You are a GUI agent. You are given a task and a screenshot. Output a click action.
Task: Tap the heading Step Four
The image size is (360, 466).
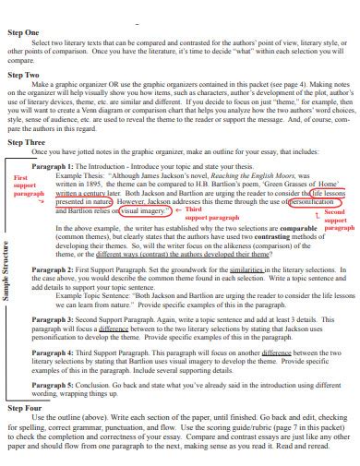[x=25, y=407]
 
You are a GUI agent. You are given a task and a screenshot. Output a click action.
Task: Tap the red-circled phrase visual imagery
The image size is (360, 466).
[x=143, y=210]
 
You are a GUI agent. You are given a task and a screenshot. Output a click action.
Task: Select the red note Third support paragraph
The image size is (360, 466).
[x=210, y=214]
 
